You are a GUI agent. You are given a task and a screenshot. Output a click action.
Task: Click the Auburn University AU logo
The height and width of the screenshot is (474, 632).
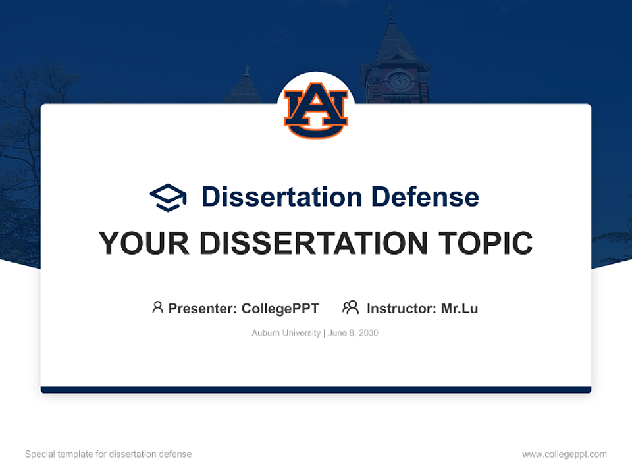click(x=316, y=110)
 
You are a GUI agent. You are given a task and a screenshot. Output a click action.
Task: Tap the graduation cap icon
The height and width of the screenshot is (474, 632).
click(x=168, y=197)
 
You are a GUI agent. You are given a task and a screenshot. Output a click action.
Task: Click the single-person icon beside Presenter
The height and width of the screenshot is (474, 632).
click(x=157, y=307)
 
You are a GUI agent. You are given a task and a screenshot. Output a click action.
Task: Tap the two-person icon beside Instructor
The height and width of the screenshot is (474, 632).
click(x=350, y=307)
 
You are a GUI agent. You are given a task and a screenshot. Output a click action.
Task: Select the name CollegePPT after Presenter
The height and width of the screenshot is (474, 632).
click(x=280, y=308)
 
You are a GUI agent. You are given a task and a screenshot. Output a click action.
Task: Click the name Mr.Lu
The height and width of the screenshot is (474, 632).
click(x=460, y=308)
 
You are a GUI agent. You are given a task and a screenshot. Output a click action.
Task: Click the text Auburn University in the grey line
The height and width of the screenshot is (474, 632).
click(x=286, y=333)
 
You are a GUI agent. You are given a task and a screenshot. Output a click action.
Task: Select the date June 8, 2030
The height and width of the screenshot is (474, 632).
click(x=353, y=333)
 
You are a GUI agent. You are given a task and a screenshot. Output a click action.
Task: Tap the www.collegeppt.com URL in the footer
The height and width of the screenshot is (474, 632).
click(x=564, y=454)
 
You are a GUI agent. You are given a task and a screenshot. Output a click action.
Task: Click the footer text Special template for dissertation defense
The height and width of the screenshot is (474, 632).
click(x=109, y=454)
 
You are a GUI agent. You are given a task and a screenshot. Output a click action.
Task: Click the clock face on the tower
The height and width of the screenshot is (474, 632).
click(x=398, y=81)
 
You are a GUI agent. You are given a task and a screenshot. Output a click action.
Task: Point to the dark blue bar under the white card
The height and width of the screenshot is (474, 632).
click(x=316, y=390)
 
